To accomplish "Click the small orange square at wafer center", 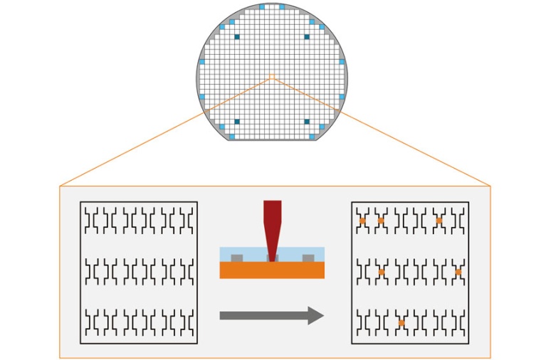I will click(x=271, y=76).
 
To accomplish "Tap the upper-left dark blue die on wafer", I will click(x=236, y=36).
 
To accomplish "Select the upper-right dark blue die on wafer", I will click(x=306, y=36).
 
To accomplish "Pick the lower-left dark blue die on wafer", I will click(x=236, y=121).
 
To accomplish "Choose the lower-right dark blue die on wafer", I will click(x=306, y=121).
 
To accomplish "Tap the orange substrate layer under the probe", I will click(x=272, y=270).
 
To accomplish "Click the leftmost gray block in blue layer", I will click(x=236, y=258).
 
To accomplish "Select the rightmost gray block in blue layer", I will click(x=308, y=258).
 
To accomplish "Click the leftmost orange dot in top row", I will click(x=362, y=221).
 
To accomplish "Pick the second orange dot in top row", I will click(x=381, y=221).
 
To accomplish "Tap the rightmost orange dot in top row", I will click(x=438, y=221).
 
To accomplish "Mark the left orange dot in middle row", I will click(x=382, y=272).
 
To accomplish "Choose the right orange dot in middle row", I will click(x=458, y=272).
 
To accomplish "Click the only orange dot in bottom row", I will click(x=401, y=323).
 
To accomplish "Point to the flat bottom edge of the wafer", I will click(x=271, y=140).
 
